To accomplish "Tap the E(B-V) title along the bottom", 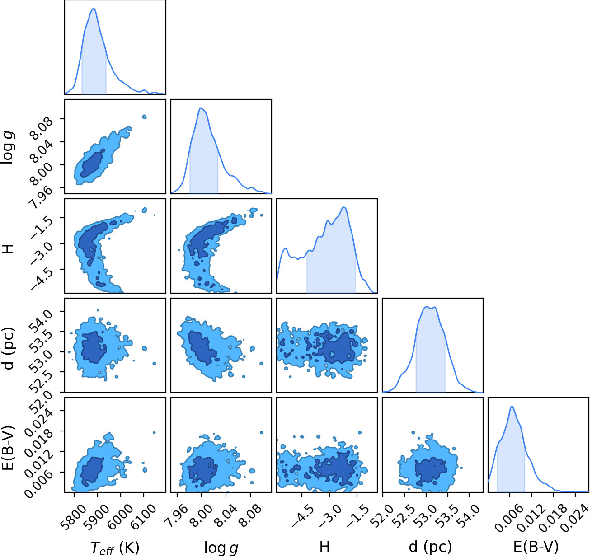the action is [x=536, y=547].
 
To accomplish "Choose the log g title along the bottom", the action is [x=221, y=548].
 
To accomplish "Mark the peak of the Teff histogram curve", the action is [x=94, y=8].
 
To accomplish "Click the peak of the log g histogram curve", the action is [x=201, y=108].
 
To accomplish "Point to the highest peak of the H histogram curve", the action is [x=344, y=207].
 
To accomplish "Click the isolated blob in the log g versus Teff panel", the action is [x=144, y=117].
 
